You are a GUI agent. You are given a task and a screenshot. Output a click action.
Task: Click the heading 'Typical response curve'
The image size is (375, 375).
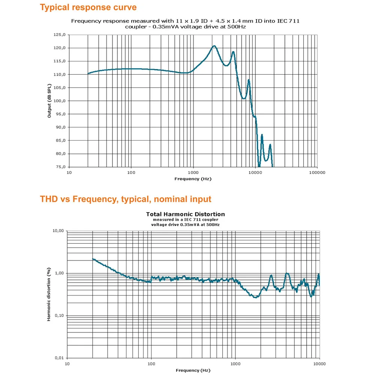point(88,7)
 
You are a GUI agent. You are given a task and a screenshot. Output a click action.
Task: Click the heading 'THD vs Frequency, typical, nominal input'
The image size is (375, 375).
point(126,199)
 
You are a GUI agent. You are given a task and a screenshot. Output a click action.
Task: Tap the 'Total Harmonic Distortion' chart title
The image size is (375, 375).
point(185,214)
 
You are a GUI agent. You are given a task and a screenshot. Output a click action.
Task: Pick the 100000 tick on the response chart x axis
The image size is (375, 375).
point(317,173)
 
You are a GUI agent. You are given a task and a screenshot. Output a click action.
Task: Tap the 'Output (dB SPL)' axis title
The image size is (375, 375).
point(49,101)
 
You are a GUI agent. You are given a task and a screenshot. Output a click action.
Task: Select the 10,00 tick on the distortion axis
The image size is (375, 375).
point(58,231)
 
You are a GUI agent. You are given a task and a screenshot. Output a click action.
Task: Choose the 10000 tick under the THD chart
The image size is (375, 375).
point(319,364)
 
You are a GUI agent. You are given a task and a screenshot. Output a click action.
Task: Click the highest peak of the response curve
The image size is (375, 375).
point(214,46)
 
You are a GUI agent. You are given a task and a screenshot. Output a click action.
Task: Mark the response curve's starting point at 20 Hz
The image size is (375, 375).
point(88,73)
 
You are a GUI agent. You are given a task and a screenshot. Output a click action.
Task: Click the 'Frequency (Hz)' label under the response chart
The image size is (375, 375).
point(193,179)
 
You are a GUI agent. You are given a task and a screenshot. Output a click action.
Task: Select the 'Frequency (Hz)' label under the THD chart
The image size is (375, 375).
point(193,370)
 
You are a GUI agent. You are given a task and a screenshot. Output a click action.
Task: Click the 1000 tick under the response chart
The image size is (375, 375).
point(193,173)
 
